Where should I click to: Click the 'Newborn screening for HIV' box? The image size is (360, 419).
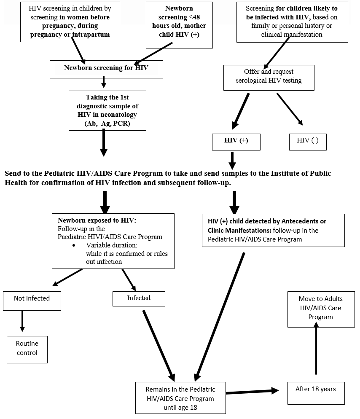[x=106, y=69]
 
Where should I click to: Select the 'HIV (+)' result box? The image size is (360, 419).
[x=236, y=141]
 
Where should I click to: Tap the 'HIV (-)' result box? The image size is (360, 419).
[x=307, y=141]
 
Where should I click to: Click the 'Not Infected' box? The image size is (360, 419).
[x=32, y=300]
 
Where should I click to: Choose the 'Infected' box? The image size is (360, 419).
[x=139, y=298]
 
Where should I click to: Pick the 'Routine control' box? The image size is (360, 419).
[x=27, y=349]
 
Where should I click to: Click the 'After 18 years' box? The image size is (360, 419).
[x=316, y=393]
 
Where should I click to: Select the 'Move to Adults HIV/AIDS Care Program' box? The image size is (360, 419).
[x=320, y=309]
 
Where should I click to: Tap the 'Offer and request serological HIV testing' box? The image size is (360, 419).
[x=269, y=77]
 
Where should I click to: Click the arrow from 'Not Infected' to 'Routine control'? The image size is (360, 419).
[x=22, y=322]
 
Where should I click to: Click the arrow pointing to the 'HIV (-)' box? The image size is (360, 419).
[x=290, y=109]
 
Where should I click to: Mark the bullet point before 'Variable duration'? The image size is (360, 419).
[x=74, y=246]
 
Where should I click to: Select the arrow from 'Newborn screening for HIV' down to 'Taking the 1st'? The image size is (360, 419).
[x=104, y=83]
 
